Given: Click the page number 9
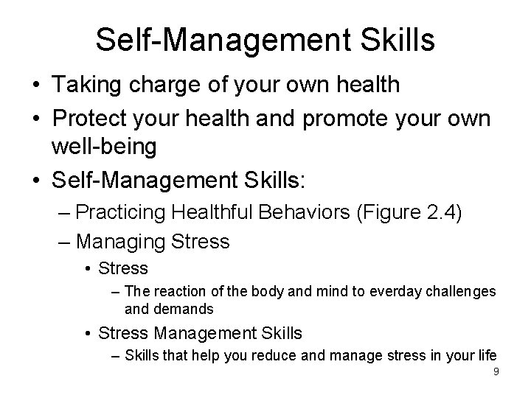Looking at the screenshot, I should point(496,371).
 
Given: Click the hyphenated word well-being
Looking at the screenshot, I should point(103,147).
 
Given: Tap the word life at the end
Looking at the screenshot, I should point(486,355).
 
